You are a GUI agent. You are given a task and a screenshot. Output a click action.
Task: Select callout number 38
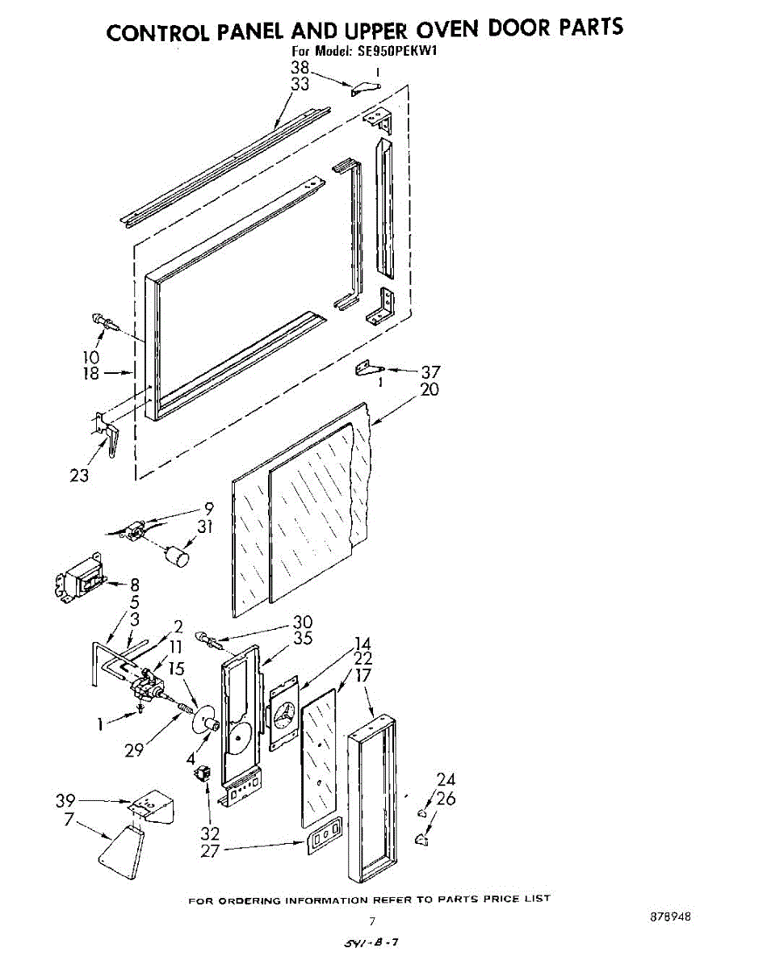click(x=300, y=68)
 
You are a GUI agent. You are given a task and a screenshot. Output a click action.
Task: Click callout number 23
click(x=79, y=476)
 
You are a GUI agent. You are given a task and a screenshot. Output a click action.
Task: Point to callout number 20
click(x=430, y=389)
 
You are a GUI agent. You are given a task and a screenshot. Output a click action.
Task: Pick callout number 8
click(x=134, y=585)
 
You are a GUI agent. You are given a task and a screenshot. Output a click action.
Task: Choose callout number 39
click(x=65, y=800)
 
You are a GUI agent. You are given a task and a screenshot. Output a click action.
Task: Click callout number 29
click(x=134, y=750)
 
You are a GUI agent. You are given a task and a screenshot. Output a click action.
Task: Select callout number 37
click(x=431, y=372)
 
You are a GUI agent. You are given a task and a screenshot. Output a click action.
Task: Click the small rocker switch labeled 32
click(x=201, y=774)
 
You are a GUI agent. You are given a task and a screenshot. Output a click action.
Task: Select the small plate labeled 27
click(x=323, y=837)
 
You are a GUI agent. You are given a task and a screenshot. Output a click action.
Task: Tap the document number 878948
click(x=670, y=918)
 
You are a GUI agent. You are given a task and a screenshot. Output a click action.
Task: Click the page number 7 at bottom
click(x=372, y=921)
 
